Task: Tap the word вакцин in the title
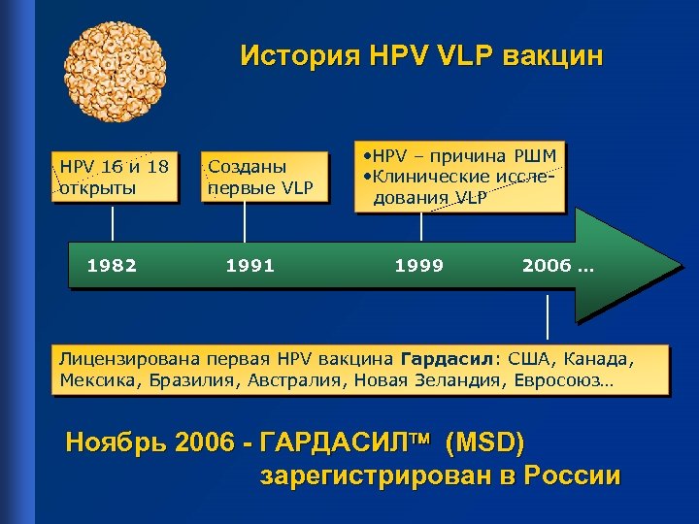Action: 552,55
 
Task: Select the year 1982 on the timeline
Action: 113,265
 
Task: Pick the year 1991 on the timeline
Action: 250,265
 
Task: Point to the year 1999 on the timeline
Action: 419,265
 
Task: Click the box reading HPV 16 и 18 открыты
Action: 115,176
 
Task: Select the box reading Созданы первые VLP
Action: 261,176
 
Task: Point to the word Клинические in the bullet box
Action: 433,177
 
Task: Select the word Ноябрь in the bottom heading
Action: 109,444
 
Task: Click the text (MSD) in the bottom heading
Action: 483,444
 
